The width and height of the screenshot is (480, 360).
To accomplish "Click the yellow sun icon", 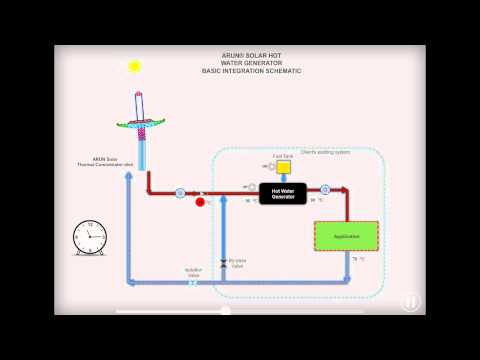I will coord(134,66).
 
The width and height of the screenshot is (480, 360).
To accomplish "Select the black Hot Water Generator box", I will coord(283,194).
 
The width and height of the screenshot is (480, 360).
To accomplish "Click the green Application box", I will coord(346,236).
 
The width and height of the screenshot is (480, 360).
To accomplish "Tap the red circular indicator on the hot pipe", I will coord(200,202).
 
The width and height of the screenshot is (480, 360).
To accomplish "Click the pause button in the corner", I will coord(411,301).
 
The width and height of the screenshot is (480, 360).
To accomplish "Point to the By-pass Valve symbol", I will coord(223,261).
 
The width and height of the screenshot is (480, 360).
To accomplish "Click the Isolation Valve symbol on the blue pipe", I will coord(192,282).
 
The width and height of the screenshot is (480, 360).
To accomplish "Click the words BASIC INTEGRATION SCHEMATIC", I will coord(251,71).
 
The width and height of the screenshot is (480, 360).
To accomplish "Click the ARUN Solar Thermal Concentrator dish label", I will coord(113,161).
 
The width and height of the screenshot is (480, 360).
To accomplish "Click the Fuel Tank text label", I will coord(283,156).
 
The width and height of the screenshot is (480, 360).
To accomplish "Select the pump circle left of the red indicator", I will coord(180,192).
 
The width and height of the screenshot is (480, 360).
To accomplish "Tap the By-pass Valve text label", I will coord(236,263).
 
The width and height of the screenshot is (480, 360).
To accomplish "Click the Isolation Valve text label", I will coord(193,271).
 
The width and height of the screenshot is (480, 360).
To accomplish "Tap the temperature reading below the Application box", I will coord(358,258).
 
